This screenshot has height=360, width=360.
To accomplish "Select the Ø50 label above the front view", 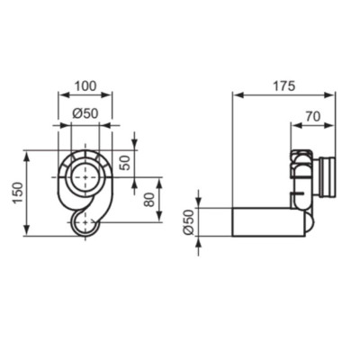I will pos(85,112).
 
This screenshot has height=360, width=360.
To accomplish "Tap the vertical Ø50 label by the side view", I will pos(188,221).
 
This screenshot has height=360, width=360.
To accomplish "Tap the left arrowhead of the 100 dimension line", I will pos(61,94).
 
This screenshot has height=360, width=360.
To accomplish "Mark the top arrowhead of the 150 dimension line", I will pos(29,154).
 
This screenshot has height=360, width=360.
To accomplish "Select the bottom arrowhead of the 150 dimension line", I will pos(29,232).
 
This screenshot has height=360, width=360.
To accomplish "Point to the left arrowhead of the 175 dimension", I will pos(236,94).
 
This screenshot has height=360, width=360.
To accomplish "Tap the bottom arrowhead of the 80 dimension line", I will pos(159,218).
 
